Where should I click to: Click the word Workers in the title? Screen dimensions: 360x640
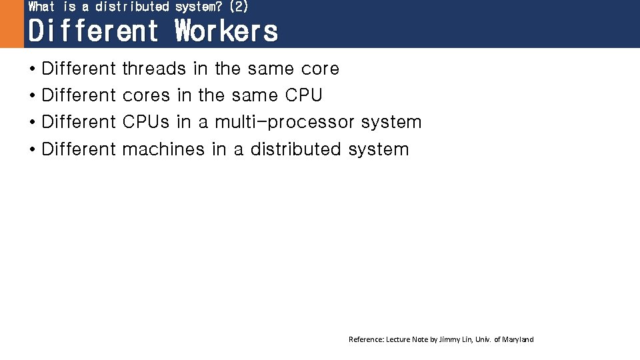click(x=226, y=31)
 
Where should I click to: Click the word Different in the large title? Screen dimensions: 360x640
click(x=93, y=31)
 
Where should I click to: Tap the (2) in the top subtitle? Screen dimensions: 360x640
click(x=238, y=7)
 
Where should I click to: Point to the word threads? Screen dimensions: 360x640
click(x=154, y=69)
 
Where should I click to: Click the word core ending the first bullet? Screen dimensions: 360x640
click(x=320, y=69)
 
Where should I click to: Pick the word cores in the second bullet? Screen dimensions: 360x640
click(x=147, y=95)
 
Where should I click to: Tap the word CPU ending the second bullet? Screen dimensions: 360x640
click(x=304, y=95)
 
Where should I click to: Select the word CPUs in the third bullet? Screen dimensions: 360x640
click(x=147, y=122)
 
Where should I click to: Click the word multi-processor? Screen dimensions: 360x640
click(x=285, y=122)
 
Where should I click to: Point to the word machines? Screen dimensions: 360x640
click(x=163, y=149)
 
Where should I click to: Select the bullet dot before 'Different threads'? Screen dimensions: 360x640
click(x=32, y=69)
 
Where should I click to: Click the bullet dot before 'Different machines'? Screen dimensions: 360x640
click(x=32, y=149)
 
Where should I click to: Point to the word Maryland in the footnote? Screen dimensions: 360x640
click(x=517, y=339)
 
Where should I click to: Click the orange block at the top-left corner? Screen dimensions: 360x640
click(x=11, y=24)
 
